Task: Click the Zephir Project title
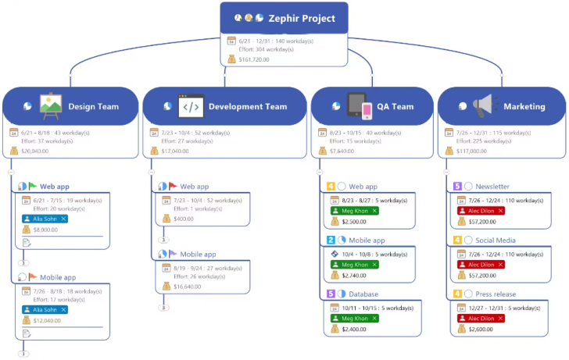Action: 302,18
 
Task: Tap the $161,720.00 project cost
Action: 254,59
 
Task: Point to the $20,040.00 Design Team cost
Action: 35,151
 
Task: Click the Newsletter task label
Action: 492,187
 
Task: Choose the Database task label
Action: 363,294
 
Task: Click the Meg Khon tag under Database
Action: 354,319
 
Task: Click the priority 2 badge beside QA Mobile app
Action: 331,241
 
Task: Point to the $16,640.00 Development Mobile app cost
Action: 188,287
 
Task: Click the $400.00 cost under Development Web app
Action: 184,219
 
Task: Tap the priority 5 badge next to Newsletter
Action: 457,187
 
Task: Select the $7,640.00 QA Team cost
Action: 342,151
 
